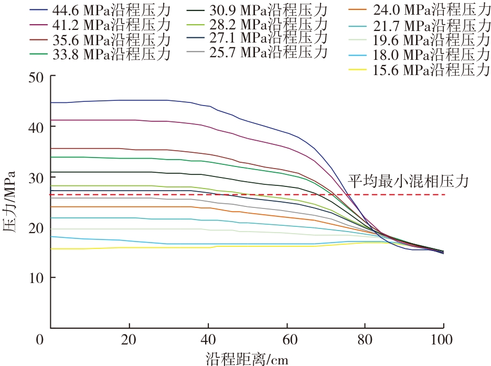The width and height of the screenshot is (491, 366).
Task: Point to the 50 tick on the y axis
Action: click(36, 77)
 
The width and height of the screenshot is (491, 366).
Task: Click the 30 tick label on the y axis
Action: click(36, 177)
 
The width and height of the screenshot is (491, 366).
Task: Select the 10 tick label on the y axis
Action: click(36, 278)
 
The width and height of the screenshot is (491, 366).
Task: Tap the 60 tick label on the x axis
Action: click(287, 339)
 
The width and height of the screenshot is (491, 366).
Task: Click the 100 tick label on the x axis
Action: click(444, 339)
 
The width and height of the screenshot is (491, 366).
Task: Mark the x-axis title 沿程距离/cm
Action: click(247, 358)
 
